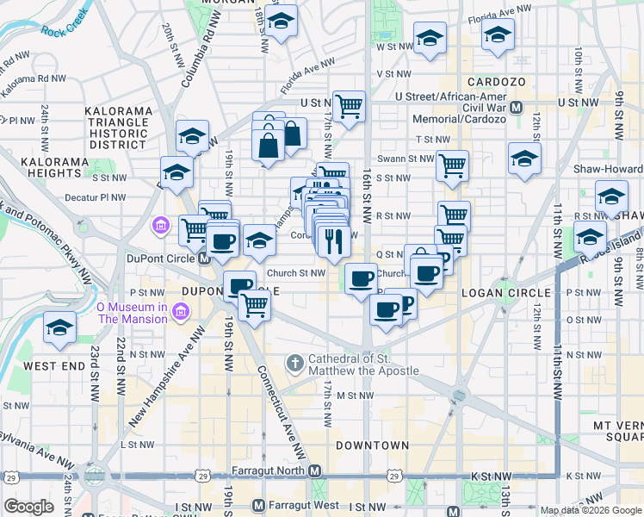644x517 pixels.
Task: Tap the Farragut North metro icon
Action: click(x=316, y=471)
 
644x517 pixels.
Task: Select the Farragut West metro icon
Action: click(x=258, y=505)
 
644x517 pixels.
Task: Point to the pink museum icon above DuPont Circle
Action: click(x=160, y=227)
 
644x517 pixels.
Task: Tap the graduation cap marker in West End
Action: click(x=59, y=328)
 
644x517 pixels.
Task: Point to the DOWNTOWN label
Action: click(x=372, y=445)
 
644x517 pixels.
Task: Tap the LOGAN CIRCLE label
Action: click(x=498, y=293)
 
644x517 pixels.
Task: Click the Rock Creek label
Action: click(x=65, y=31)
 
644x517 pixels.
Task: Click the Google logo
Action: click(x=28, y=507)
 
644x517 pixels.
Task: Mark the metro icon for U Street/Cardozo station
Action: click(x=517, y=108)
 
